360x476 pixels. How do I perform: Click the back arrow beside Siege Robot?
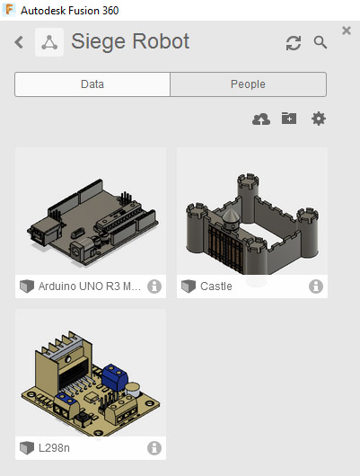(x=19, y=42)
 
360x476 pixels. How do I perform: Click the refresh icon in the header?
(x=294, y=43)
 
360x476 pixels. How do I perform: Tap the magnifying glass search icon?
(x=320, y=42)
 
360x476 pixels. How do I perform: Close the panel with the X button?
(x=347, y=31)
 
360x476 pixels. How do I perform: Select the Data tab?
(x=92, y=84)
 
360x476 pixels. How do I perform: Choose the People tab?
(x=248, y=84)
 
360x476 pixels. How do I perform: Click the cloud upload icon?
(x=261, y=119)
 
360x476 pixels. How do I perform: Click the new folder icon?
(x=289, y=119)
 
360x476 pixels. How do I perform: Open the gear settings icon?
(x=319, y=119)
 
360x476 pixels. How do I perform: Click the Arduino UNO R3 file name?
(x=90, y=286)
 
